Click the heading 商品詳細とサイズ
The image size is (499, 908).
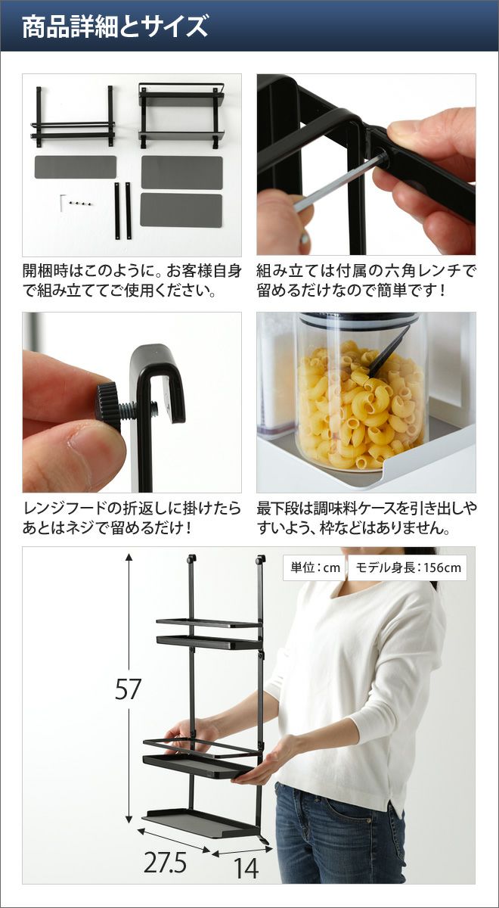(115, 26)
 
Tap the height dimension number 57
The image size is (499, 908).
(128, 689)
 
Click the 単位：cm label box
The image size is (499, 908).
(315, 567)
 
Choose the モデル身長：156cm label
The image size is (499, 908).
(408, 567)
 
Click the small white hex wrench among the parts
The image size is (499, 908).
(63, 203)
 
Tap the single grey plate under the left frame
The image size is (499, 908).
(76, 167)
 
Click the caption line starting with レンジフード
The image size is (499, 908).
(132, 508)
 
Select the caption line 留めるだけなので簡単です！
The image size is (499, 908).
(352, 291)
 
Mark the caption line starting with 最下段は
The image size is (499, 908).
(367, 508)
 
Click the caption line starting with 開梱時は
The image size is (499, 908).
(132, 270)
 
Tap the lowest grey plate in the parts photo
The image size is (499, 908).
(181, 210)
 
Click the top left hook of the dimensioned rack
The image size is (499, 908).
(191, 560)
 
